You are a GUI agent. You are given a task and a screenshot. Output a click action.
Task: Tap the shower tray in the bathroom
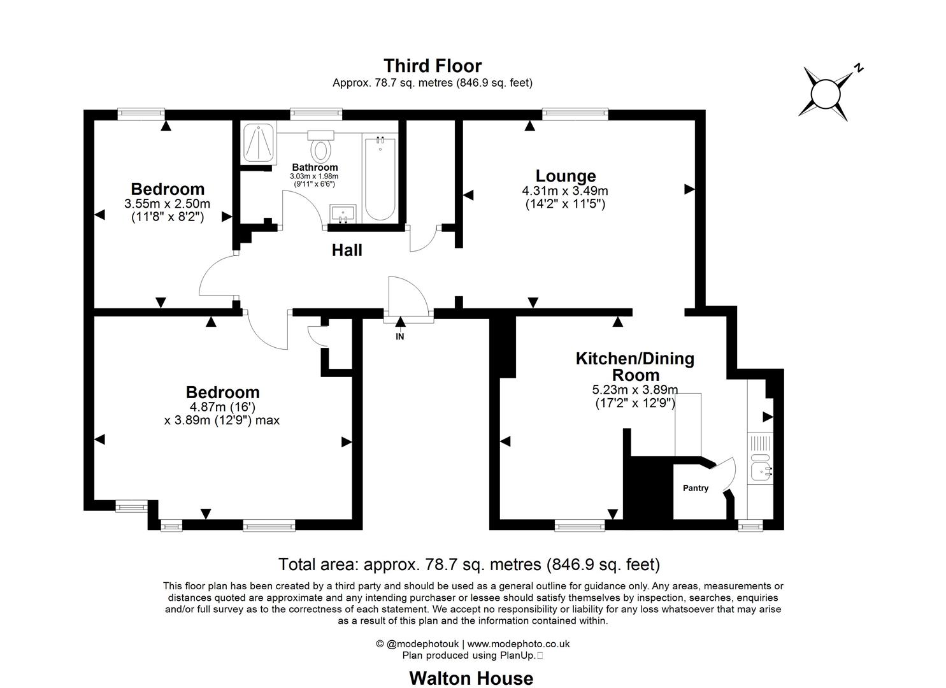[x=259, y=143]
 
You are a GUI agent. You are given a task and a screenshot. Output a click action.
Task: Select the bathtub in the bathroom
[x=380, y=178]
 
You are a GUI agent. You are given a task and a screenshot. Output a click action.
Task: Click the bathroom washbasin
[x=343, y=213]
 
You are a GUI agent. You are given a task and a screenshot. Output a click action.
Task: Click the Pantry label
[x=696, y=488]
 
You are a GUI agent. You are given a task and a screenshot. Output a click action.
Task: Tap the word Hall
[x=347, y=250]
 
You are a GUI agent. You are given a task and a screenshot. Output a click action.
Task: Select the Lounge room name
[x=566, y=176]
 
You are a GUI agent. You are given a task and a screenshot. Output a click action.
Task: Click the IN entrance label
[x=400, y=336]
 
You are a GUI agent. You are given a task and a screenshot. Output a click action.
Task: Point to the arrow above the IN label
[x=400, y=322]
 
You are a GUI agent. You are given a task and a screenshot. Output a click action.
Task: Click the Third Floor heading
[x=433, y=66]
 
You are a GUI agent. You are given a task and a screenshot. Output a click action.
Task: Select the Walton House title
[x=471, y=678]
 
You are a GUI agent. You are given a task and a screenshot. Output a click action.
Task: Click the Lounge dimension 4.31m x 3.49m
[x=565, y=191]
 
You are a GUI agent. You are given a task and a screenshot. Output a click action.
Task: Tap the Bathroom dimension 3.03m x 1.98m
[x=314, y=176]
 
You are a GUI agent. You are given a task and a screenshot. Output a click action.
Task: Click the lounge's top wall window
[x=575, y=112]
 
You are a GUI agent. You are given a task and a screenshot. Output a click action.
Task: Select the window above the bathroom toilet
[x=316, y=112]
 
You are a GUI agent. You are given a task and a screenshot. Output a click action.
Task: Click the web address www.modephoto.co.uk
[x=518, y=643]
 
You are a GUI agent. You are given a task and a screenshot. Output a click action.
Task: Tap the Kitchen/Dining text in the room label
[x=635, y=359]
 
